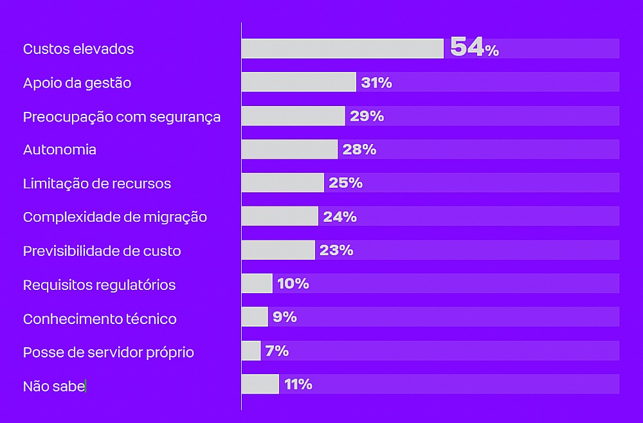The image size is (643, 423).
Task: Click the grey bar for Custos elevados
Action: tap(342, 49)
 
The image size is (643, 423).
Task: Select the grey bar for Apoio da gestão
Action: tap(298, 82)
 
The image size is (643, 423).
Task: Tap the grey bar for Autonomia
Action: tap(289, 149)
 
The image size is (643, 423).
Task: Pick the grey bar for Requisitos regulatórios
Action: tap(257, 283)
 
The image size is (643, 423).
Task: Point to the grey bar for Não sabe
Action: tap(260, 384)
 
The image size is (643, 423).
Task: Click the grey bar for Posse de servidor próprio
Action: tap(251, 350)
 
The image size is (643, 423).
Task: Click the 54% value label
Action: tap(474, 48)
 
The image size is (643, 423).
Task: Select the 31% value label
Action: tap(376, 82)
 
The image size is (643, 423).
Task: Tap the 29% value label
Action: tap(367, 116)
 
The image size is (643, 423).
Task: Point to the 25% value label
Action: tap(345, 183)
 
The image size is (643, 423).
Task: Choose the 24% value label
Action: tap(340, 217)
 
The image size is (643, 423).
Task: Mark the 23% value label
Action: tap(336, 250)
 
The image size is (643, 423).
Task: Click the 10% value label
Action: tap(293, 283)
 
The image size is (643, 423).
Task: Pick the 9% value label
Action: tap(284, 317)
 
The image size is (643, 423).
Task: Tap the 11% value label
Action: tap(298, 384)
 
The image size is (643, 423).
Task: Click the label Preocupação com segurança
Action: tap(122, 116)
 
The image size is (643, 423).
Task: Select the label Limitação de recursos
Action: tap(97, 183)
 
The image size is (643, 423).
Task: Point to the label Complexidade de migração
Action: tap(115, 217)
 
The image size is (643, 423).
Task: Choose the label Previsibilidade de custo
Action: tap(102, 251)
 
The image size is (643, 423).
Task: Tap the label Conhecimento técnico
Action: tap(100, 319)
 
